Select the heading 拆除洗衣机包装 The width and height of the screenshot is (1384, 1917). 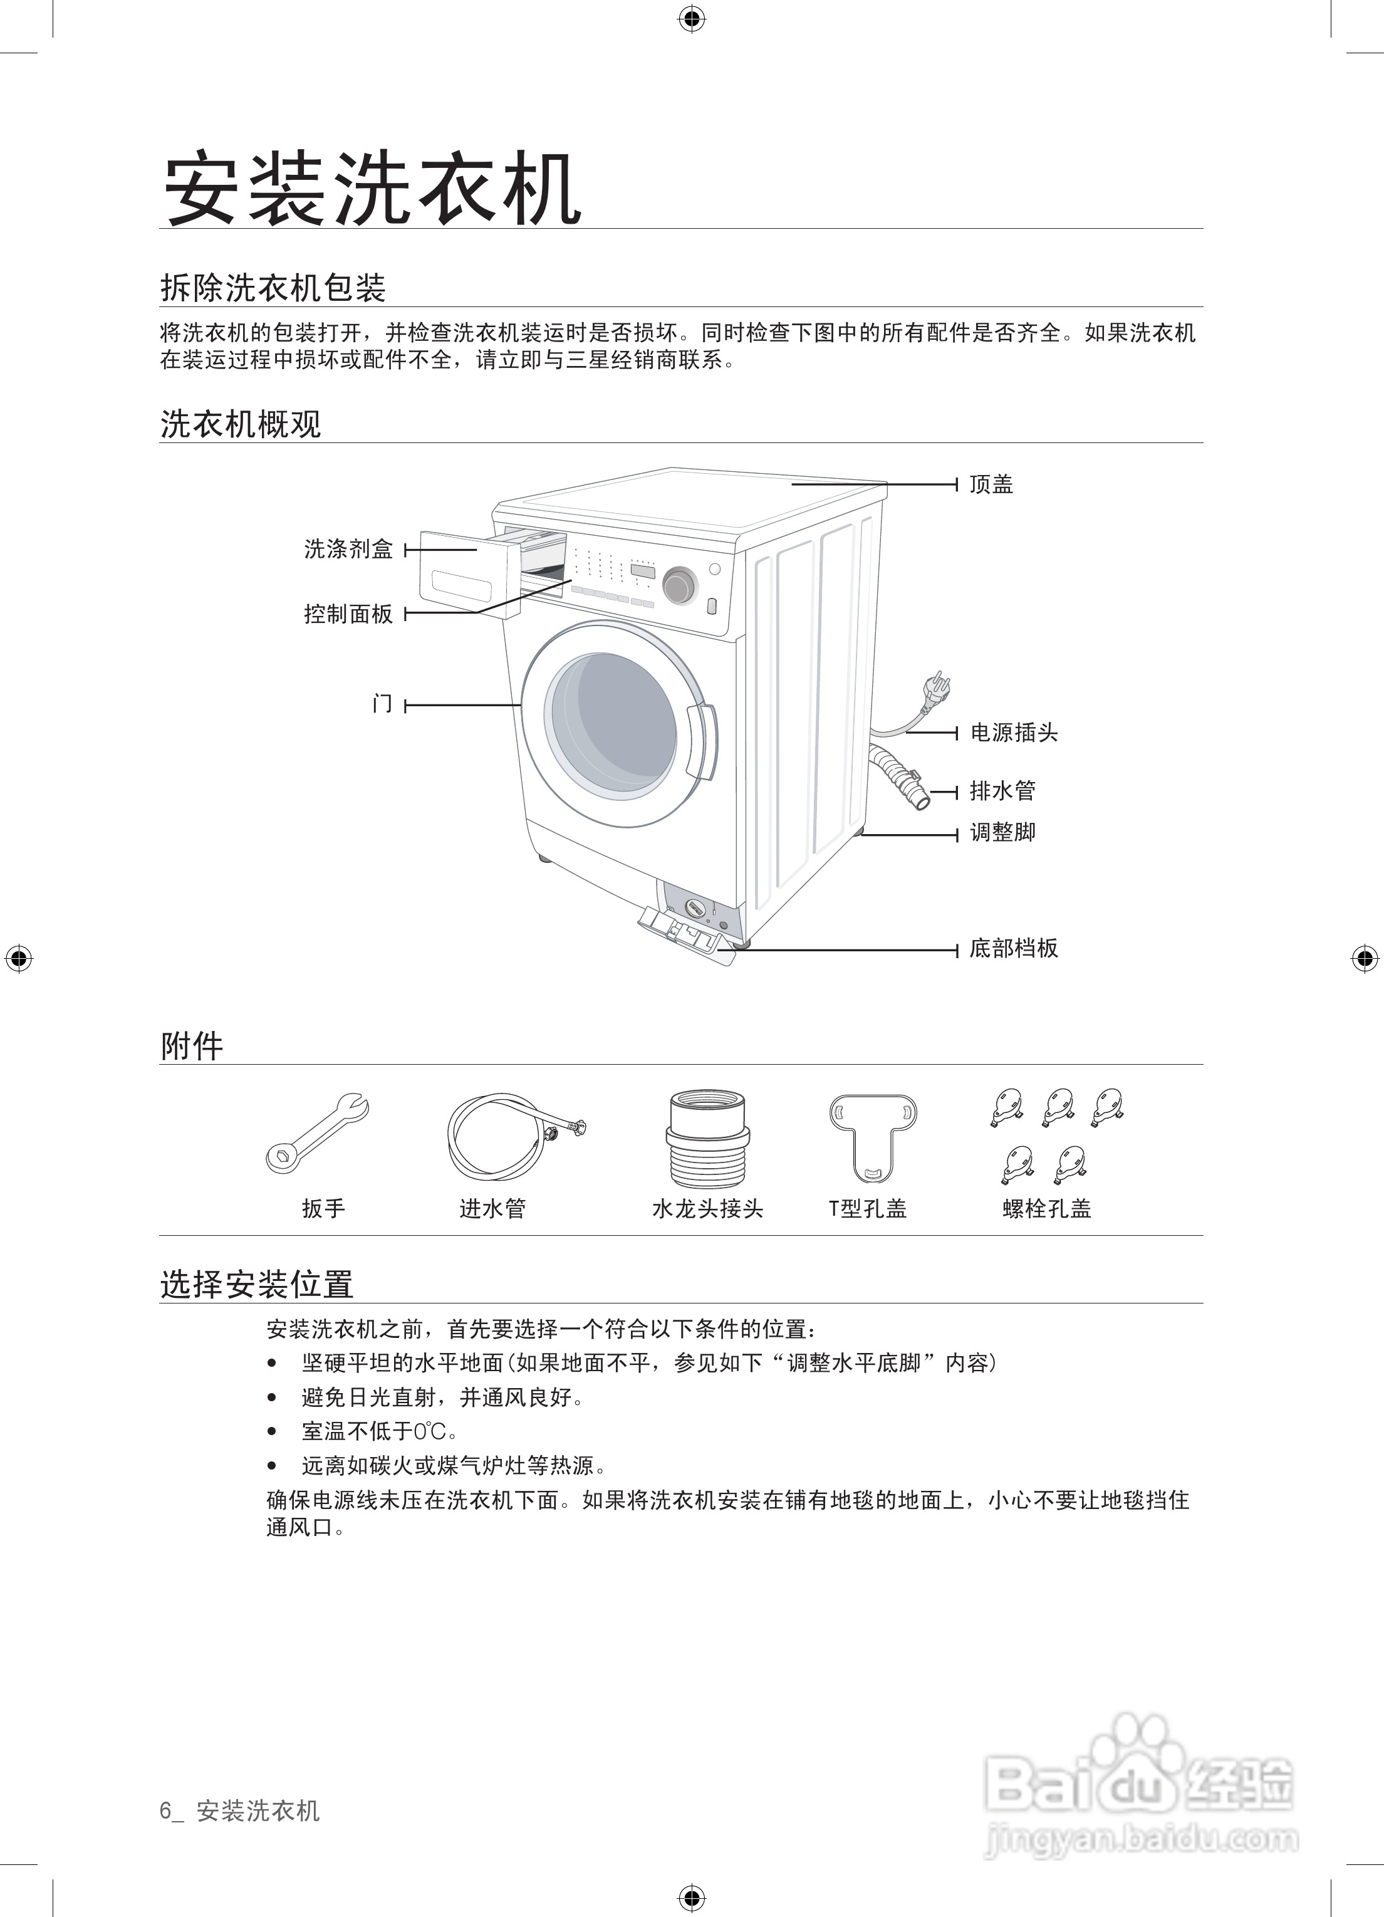(x=273, y=288)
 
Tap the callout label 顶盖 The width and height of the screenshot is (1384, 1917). (x=991, y=484)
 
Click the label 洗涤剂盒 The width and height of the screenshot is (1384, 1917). (x=348, y=550)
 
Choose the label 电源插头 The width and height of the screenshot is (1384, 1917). (x=1014, y=732)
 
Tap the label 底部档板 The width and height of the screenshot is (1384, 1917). (x=1014, y=948)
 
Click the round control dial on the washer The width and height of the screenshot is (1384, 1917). (x=680, y=586)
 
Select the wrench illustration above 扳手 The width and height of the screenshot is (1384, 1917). (x=317, y=1132)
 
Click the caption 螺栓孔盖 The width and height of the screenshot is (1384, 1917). (x=1047, y=1209)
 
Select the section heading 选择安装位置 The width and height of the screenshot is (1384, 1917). (x=257, y=1285)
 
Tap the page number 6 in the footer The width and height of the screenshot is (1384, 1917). (x=165, y=1810)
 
